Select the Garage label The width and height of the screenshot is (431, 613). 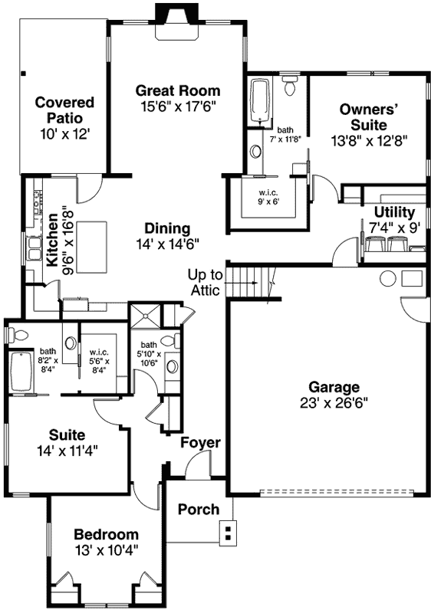pyautogui.click(x=334, y=387)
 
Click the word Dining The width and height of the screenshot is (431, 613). pyautogui.click(x=166, y=228)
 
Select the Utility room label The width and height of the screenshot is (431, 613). pyautogui.click(x=394, y=212)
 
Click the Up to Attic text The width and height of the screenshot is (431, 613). pyautogui.click(x=205, y=282)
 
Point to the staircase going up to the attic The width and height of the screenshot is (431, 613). pyautogui.click(x=252, y=282)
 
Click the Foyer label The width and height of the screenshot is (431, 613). pyautogui.click(x=201, y=443)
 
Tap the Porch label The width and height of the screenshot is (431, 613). pyautogui.click(x=198, y=510)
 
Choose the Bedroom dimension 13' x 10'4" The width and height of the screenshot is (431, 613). pyautogui.click(x=106, y=549)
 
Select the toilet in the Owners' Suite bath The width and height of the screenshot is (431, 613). pyautogui.click(x=289, y=87)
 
